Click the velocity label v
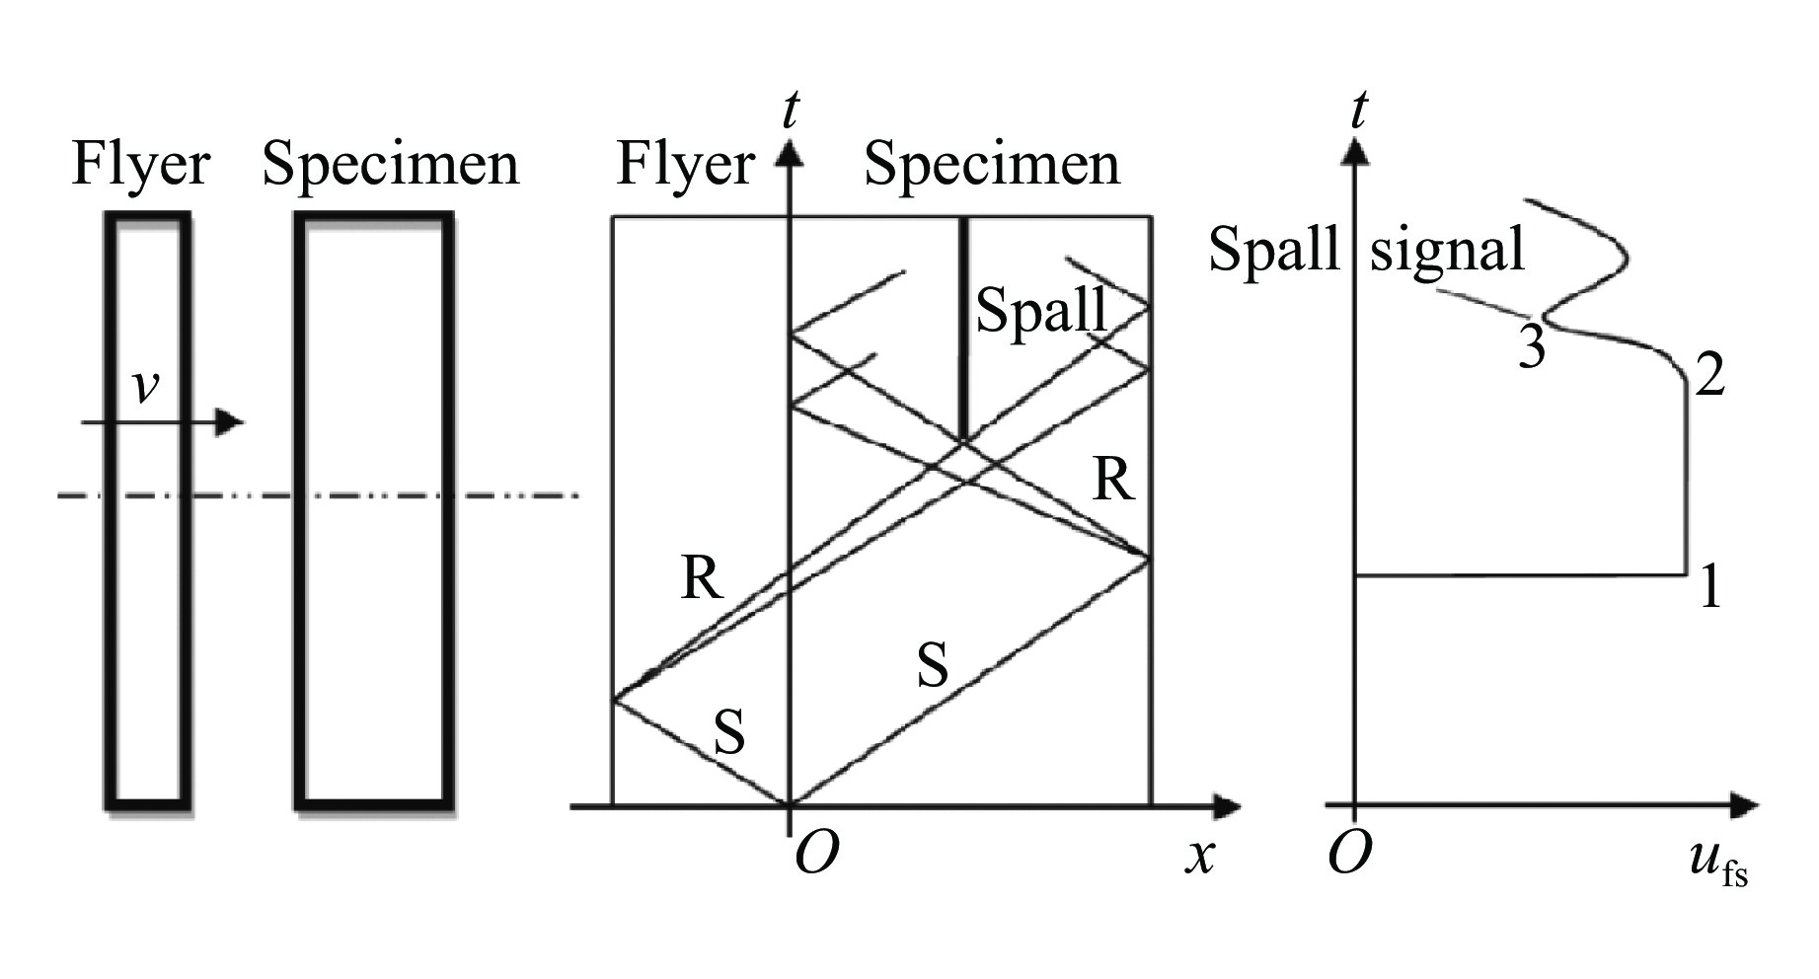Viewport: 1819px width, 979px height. (x=145, y=387)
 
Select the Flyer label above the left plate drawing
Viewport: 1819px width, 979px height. (x=140, y=165)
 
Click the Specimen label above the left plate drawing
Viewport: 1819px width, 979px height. (x=390, y=165)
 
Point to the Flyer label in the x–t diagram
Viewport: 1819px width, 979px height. (x=685, y=165)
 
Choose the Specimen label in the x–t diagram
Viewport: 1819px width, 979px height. (x=992, y=165)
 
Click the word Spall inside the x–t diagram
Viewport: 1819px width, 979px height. (x=1040, y=311)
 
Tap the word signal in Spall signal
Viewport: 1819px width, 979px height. (x=1447, y=249)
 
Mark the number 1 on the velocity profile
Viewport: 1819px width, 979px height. (x=1709, y=588)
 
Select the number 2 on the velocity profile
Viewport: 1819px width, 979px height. (x=1709, y=375)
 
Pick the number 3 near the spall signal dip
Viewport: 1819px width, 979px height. (x=1531, y=347)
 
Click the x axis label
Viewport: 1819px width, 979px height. (x=1199, y=856)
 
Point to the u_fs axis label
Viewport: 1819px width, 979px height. (x=1717, y=861)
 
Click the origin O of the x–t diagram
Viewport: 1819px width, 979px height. (x=816, y=856)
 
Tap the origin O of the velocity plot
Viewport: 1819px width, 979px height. (x=1349, y=854)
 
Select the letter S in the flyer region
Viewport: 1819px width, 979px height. (x=728, y=733)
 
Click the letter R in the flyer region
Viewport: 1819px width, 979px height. (x=702, y=578)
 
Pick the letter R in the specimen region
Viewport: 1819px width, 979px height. (x=1112, y=482)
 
